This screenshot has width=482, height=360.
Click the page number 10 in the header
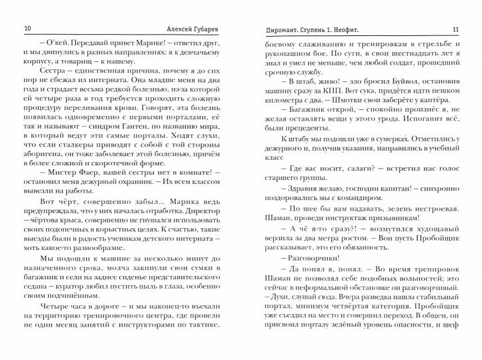tap(27, 29)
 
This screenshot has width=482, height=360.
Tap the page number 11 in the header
tap(455, 29)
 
